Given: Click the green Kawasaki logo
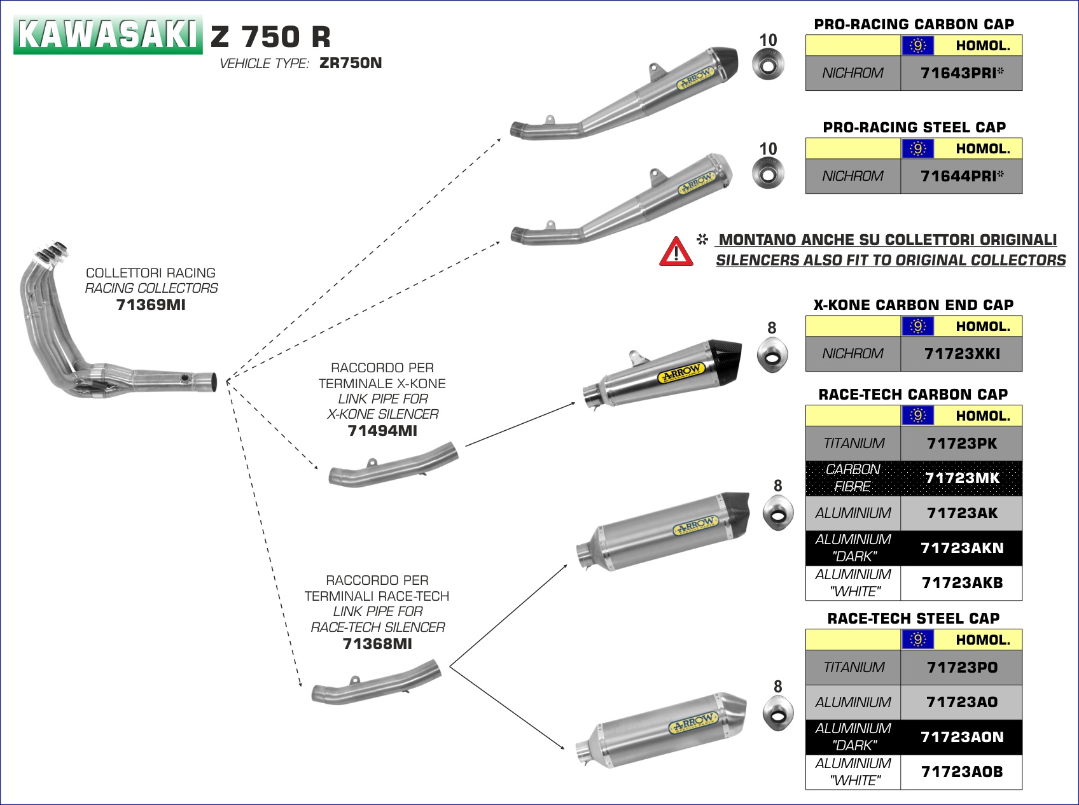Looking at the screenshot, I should (108, 34).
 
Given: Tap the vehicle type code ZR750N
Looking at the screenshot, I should (351, 63).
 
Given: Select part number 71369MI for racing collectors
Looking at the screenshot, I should (151, 305).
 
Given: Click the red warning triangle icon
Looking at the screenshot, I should (676, 251).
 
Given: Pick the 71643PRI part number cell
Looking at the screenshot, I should (961, 73).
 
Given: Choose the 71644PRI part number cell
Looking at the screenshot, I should (961, 176).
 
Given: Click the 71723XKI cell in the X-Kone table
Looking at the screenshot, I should (961, 354).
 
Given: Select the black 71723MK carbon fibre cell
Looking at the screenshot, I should (961, 478).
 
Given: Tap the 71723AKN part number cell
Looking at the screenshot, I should (961, 548).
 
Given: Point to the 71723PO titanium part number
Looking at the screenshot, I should (961, 668).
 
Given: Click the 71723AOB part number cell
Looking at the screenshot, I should (961, 772).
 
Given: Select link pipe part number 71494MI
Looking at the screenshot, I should (382, 431).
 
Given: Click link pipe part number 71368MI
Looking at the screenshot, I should (377, 644).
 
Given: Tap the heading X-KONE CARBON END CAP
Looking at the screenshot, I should (913, 305).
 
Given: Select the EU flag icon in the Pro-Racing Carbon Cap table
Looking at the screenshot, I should (917, 46).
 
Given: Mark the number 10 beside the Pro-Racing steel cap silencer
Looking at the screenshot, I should (768, 149).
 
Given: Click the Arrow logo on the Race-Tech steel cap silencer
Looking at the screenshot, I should (693, 724).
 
